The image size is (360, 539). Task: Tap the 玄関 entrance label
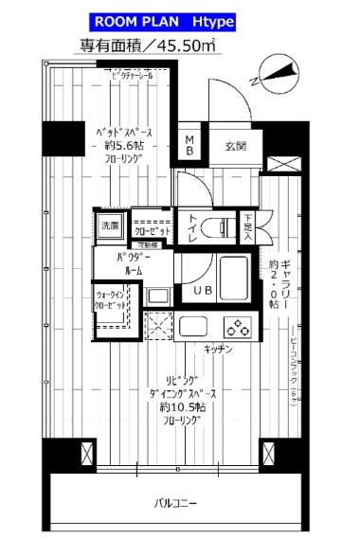236,147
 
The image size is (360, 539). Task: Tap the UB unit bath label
203,289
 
